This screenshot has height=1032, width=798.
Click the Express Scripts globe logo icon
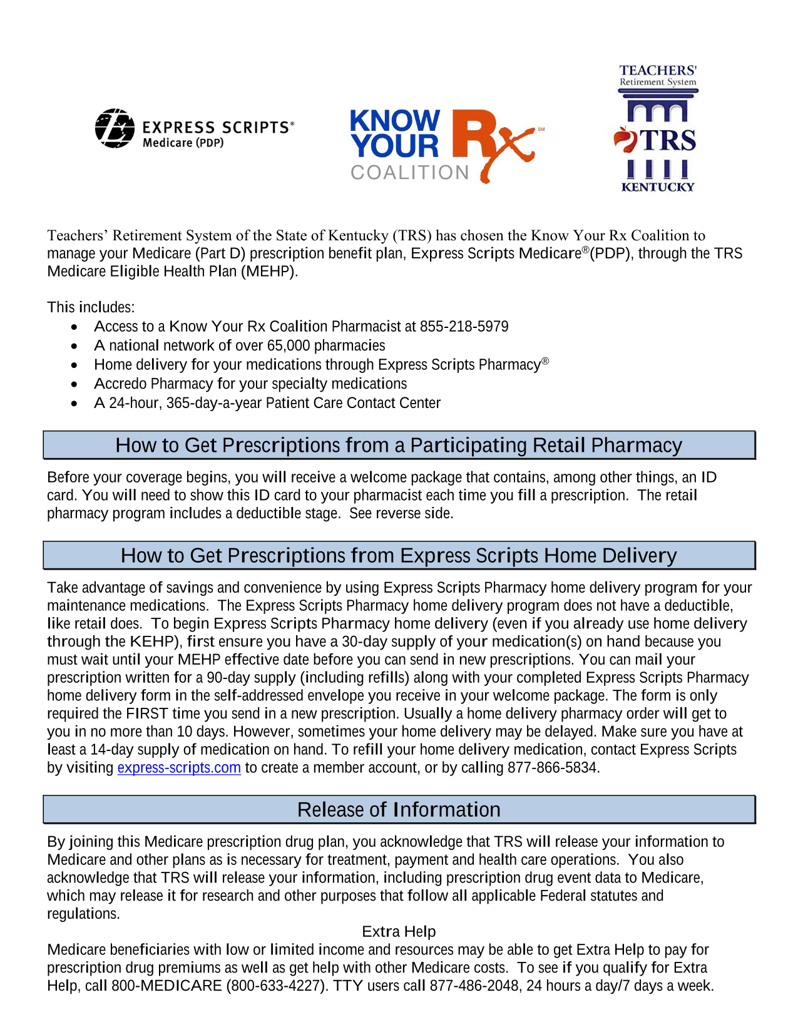[x=115, y=128]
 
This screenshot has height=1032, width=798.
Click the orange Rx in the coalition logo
[x=491, y=141]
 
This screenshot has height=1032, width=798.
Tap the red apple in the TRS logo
[x=624, y=139]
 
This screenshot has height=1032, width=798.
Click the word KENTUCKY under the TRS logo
[x=658, y=186]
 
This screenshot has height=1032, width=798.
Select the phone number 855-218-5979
[x=464, y=327]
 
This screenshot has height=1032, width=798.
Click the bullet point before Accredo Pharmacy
[x=74, y=384]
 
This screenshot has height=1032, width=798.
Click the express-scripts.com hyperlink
[x=179, y=768]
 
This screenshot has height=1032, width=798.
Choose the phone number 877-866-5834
[x=553, y=768]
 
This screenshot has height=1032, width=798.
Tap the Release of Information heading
[x=399, y=810]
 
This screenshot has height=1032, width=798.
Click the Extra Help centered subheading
[x=399, y=932]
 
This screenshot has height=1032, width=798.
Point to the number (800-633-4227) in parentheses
[x=275, y=986]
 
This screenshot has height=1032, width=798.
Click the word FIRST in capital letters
[x=146, y=714]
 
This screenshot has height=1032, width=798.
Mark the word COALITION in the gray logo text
[x=410, y=173]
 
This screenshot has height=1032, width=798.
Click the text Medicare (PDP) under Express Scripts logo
[x=183, y=143]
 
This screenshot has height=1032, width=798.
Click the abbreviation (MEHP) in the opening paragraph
[x=269, y=272]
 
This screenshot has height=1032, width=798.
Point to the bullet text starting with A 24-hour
[x=267, y=404]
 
